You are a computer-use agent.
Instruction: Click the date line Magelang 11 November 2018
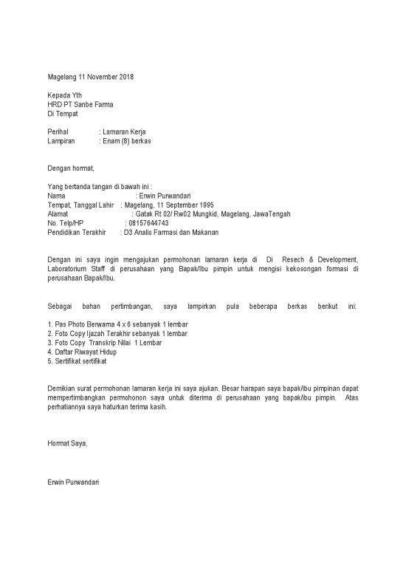[x=90, y=77]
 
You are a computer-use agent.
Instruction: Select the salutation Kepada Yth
[x=64, y=95]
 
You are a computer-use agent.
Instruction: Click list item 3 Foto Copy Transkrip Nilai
[x=104, y=343]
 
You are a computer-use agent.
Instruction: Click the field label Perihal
[x=57, y=131]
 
